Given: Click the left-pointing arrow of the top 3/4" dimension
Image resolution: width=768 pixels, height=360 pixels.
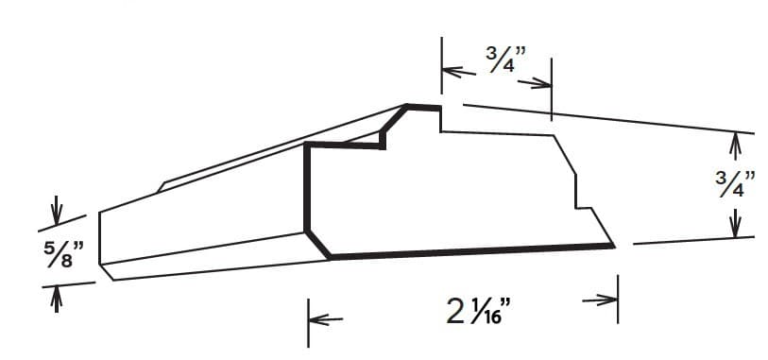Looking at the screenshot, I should [459, 71].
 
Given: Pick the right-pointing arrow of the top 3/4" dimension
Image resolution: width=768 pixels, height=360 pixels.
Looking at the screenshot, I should [535, 83].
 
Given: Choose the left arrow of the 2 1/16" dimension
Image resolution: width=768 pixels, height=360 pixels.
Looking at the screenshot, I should [325, 320].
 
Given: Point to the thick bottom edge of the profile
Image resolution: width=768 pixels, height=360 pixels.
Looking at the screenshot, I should [472, 251].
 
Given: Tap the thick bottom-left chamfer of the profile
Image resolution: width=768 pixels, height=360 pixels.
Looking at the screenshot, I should [318, 244].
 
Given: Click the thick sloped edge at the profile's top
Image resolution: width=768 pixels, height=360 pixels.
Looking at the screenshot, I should [394, 119].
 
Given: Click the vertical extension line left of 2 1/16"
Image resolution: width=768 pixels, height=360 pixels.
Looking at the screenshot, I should [308, 321].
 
